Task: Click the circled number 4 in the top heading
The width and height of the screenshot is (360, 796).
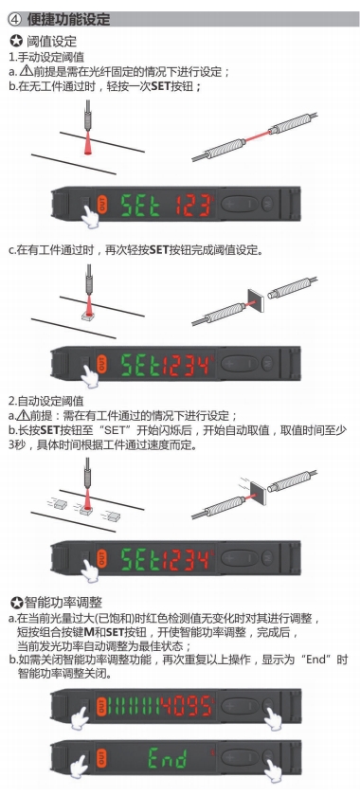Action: (15, 19)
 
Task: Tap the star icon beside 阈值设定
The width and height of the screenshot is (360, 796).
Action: (16, 41)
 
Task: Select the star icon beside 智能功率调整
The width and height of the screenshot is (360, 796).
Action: (16, 603)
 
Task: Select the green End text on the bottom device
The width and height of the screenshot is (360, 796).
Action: (168, 758)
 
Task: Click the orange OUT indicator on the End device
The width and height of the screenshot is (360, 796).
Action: (101, 758)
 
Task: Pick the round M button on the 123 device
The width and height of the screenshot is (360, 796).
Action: (267, 204)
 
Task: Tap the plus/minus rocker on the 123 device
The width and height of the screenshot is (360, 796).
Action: (239, 204)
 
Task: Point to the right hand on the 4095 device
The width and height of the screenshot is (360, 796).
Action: (273, 718)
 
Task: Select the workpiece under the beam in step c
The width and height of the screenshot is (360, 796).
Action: (88, 317)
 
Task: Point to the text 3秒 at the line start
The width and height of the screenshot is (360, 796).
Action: (19, 445)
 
